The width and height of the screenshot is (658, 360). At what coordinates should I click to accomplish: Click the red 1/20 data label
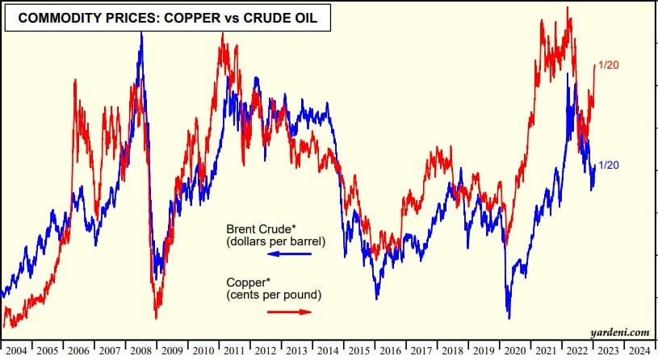[608, 65]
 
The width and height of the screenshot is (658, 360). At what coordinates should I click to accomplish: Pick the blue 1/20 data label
[608, 165]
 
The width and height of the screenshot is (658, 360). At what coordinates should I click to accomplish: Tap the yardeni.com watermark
[619, 332]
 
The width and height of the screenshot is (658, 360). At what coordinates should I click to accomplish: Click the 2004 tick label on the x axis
[16, 351]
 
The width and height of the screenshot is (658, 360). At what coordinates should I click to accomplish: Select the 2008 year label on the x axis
[140, 351]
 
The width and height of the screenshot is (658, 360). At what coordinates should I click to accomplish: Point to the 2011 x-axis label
[234, 351]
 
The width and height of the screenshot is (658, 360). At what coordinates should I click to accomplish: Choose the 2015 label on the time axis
[358, 351]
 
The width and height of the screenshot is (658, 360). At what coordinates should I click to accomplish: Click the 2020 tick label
[513, 351]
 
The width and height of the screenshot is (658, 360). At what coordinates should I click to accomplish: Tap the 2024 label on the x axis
[638, 351]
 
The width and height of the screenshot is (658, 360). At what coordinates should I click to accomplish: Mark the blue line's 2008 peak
[141, 32]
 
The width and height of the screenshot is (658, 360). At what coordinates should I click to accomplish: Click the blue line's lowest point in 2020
[509, 317]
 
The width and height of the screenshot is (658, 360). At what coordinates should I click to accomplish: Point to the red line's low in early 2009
[156, 318]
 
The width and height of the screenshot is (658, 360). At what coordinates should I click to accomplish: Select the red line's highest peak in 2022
[569, 8]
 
